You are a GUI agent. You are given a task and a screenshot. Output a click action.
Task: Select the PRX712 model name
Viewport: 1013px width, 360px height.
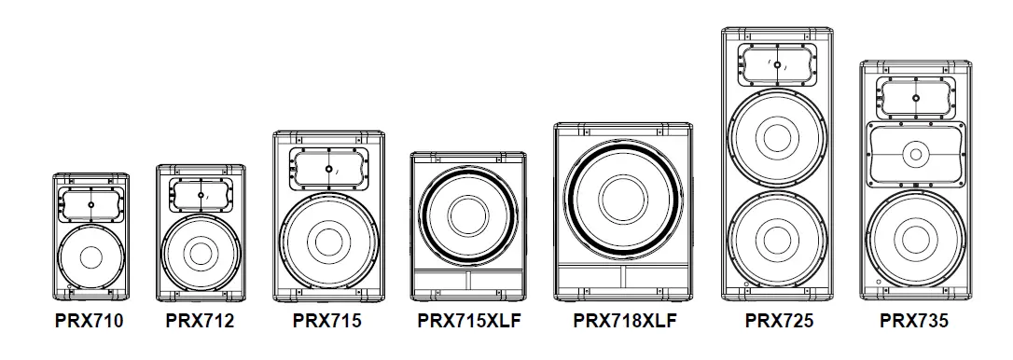coord(200,322)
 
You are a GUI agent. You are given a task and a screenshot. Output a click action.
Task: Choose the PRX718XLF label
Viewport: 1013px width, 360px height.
coord(624,322)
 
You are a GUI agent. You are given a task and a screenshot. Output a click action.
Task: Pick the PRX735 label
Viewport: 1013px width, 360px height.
coord(914,322)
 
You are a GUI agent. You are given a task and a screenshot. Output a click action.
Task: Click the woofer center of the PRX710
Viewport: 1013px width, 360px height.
coord(91,256)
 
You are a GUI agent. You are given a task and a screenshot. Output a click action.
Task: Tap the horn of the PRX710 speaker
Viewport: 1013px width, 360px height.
coord(91,203)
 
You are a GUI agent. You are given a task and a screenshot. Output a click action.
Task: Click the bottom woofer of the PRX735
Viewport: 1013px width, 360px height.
coord(914,237)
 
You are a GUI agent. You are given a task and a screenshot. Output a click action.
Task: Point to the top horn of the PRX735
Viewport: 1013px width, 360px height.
coord(914,97)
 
